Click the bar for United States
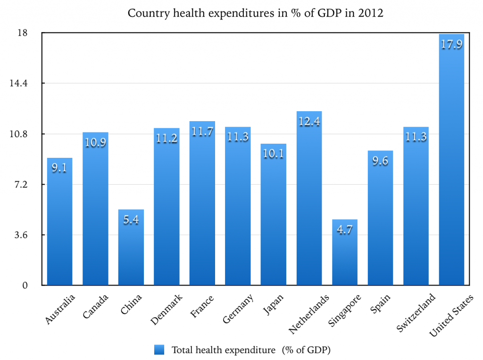451,160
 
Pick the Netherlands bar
309,198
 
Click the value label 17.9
451,45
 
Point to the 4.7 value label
344,230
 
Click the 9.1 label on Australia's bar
59,168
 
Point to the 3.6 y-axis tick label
22,235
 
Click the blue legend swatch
159,350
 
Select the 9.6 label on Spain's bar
380,161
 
